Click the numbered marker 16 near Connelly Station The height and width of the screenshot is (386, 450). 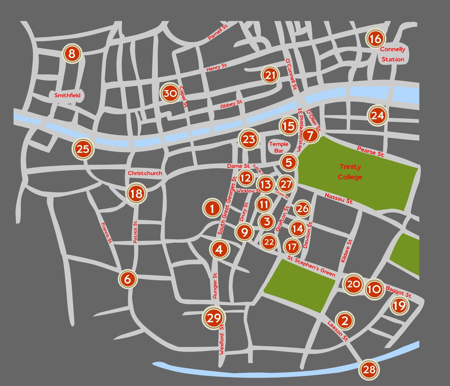tap(375, 39)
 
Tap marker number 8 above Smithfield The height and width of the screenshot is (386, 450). tap(72, 54)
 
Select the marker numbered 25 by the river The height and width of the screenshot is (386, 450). tap(83, 149)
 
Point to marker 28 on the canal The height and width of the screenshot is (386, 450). tap(369, 369)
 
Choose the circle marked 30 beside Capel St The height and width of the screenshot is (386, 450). tap(170, 93)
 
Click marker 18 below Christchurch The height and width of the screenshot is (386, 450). tap(136, 193)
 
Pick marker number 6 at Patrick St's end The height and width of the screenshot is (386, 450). tap(128, 279)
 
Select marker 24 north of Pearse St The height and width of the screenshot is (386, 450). tap(377, 116)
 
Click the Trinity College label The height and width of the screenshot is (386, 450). tap(350, 172)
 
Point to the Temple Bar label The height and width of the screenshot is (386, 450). tap(279, 147)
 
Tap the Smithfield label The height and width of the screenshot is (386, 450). tap(67, 95)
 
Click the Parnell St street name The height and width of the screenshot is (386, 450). tap(218, 32)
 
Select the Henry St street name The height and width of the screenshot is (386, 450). tap(217, 67)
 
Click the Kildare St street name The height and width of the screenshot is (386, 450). tap(346, 251)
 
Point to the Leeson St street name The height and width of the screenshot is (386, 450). tap(337, 331)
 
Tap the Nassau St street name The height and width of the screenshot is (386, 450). tap(339, 198)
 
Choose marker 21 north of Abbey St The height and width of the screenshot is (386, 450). tap(270, 75)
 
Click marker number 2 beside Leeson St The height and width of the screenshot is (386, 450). tap(344, 321)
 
